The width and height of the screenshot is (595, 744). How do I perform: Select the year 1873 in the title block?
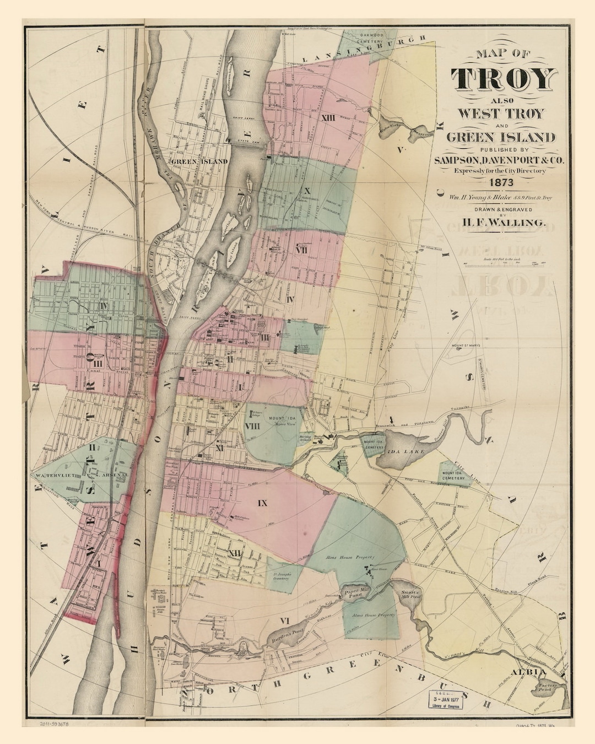[499, 182]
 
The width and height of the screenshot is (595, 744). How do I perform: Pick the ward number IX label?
[262, 503]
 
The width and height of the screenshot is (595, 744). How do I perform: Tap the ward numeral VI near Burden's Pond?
[284, 621]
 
